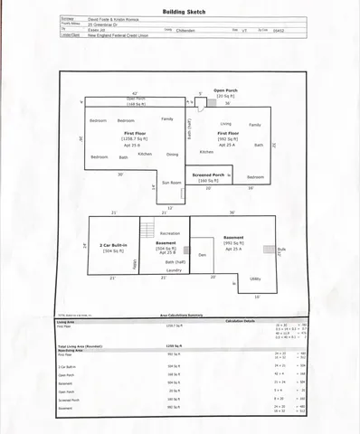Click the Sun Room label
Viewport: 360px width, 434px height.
point(171,183)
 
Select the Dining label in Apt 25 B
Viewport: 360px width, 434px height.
point(172,155)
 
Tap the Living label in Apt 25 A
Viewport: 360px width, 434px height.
point(225,124)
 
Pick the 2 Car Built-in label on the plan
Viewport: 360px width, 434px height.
point(113,245)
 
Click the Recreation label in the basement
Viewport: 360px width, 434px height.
point(169,233)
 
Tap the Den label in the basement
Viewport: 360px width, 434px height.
point(203,255)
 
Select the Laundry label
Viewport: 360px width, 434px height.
point(174,269)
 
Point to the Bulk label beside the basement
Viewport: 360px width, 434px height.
point(281,249)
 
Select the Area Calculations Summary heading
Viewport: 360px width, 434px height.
point(179,316)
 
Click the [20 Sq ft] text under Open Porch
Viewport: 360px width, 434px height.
point(224,96)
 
